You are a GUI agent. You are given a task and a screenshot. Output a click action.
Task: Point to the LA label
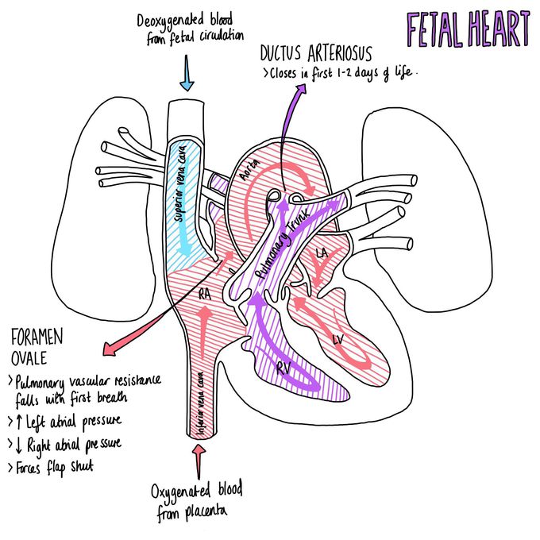322,253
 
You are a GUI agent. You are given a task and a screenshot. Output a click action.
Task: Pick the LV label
337,339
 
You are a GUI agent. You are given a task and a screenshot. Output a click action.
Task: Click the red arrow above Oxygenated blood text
199,461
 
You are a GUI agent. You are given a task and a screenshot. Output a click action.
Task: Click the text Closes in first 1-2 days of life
339,73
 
